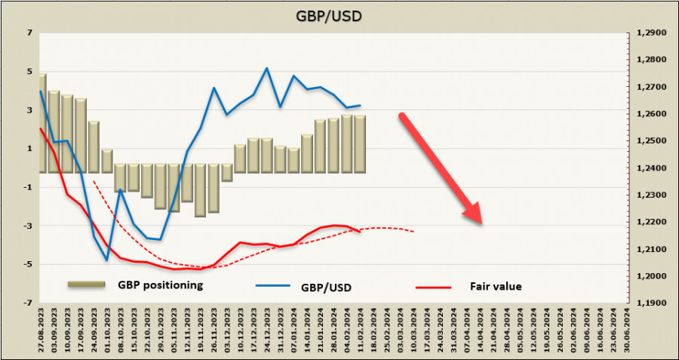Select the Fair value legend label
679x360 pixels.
click(x=496, y=286)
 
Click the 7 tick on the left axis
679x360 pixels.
click(x=29, y=33)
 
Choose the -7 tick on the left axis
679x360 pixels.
click(x=28, y=303)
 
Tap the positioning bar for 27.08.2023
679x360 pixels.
click(x=42, y=124)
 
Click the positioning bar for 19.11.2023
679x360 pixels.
click(x=200, y=189)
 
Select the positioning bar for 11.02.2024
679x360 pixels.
click(x=360, y=144)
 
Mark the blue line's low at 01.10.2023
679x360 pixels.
click(x=107, y=260)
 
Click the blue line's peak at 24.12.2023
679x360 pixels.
click(x=267, y=68)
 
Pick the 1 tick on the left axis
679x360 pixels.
click(x=29, y=149)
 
